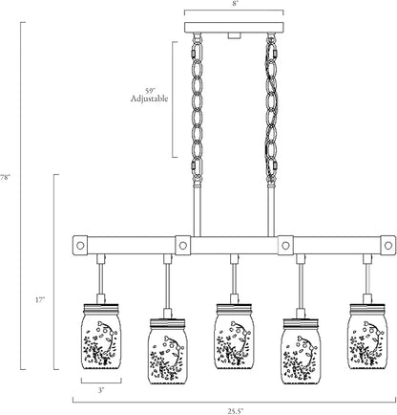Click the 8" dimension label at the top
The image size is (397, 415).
tap(234, 4)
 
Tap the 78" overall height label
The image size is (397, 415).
tap(5, 178)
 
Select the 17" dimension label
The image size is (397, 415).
tap(40, 300)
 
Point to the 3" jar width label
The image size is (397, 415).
tap(101, 390)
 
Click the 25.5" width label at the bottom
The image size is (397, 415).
tap(234, 411)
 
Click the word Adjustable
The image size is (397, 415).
tap(149, 98)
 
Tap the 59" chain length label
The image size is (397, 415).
tap(150, 90)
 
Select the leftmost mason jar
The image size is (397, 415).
tap(101, 337)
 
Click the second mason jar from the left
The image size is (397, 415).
tap(168, 352)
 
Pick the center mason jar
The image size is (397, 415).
tap(235, 337)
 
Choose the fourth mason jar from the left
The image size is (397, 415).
tap(301, 352)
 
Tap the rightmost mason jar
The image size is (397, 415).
tap(368, 337)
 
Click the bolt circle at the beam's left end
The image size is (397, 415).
tap(80, 246)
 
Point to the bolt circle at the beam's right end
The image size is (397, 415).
tap(388, 246)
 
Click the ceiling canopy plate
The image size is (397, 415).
tap(234, 28)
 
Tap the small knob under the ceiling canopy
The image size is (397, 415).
tap(234, 35)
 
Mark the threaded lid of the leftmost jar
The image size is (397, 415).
tap(101, 308)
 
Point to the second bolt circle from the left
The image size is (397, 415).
tap(182, 246)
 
